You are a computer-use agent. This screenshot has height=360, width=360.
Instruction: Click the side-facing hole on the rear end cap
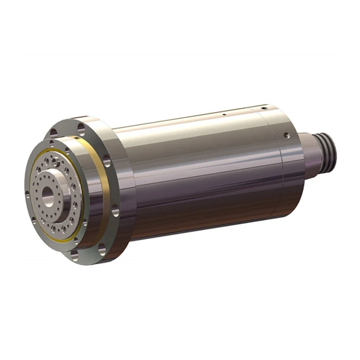(x=286, y=136)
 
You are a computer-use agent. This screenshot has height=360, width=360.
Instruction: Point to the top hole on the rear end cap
(x=262, y=108)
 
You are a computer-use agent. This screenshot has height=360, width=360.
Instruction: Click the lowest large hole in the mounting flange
(x=102, y=249)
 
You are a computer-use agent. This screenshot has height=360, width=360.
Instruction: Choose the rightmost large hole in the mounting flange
(x=116, y=210)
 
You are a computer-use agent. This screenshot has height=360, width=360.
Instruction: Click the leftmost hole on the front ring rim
(x=27, y=194)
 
